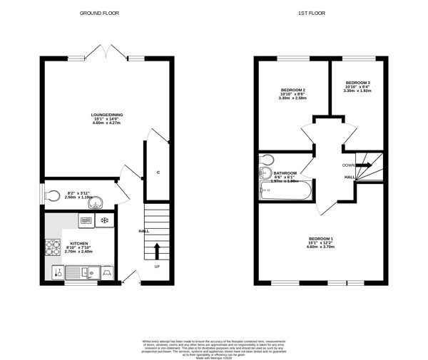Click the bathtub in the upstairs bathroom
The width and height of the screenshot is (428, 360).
[x=286, y=191]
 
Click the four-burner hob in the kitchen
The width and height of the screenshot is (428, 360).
[x=53, y=247]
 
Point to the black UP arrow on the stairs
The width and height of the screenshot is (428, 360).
[x=157, y=250]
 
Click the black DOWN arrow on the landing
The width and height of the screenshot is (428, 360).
[x=364, y=165]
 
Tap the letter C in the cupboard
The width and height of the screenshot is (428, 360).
[x=158, y=173]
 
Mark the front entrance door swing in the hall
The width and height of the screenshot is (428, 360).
[x=130, y=277]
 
